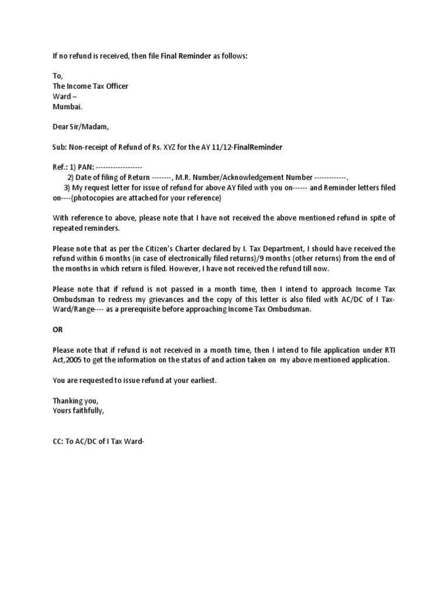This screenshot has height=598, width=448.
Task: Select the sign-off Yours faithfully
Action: (79, 411)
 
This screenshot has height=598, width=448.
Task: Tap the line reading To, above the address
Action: (57, 76)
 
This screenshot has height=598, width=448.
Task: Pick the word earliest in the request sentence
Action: (197, 380)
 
